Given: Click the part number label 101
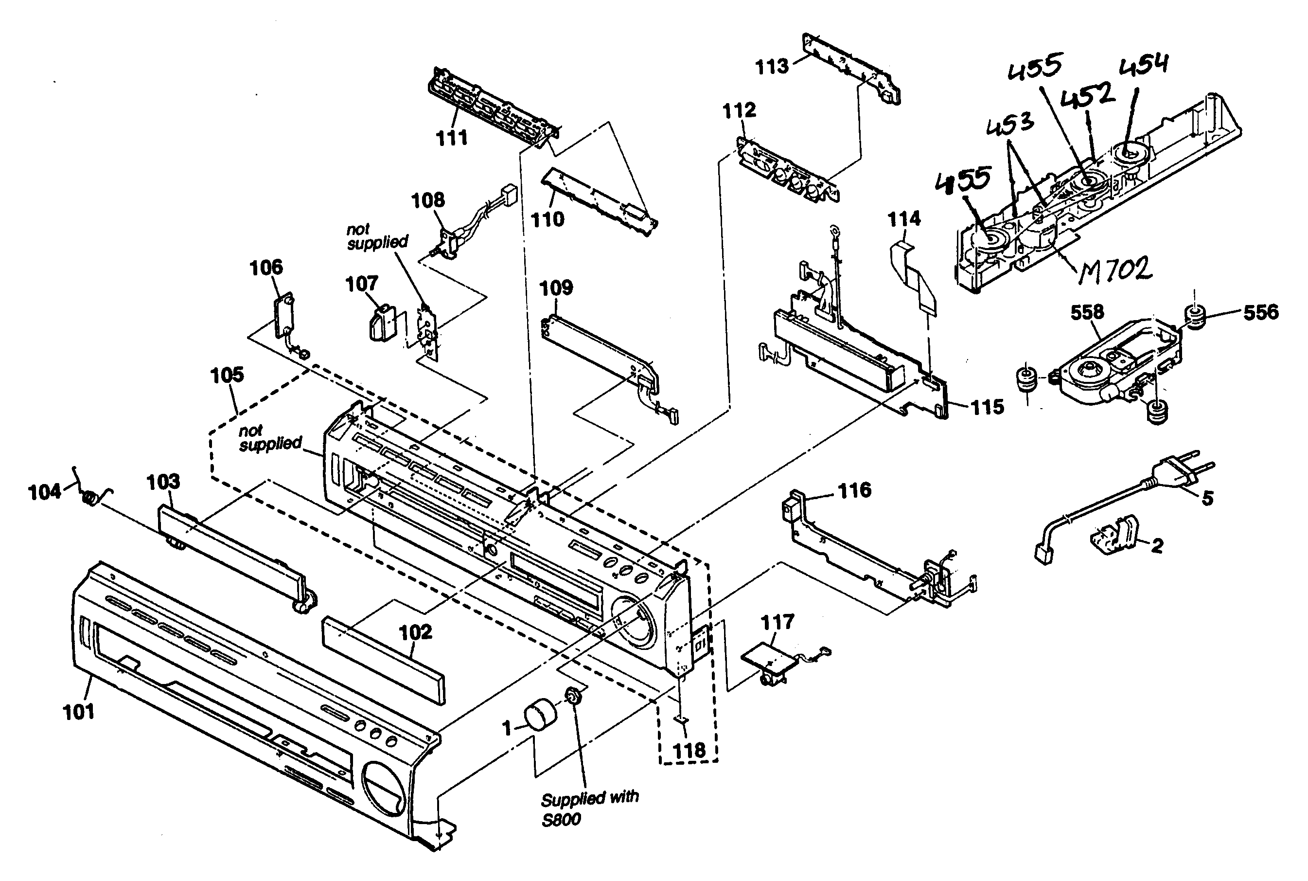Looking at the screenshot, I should (79, 712).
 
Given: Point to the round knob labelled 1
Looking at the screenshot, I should (540, 715).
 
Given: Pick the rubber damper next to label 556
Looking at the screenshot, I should (1196, 318).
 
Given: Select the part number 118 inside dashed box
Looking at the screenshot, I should (689, 750).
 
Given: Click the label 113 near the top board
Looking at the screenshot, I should (772, 67).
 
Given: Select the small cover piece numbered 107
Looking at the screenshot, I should (383, 323).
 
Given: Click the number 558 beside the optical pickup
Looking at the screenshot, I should (1087, 312).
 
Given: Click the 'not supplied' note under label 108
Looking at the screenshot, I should (377, 236).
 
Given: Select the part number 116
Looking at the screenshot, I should (854, 490).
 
